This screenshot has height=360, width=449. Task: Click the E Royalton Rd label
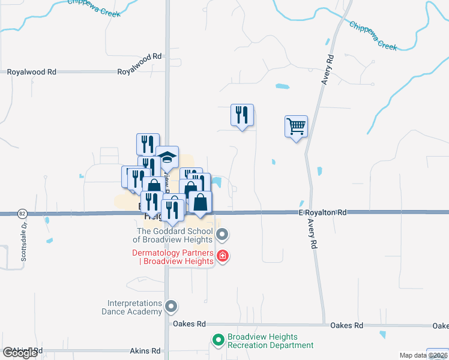pyautogui.click(x=323, y=212)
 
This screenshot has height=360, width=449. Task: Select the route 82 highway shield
pyautogui.click(x=22, y=213)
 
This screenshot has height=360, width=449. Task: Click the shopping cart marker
pyautogui.click(x=296, y=127)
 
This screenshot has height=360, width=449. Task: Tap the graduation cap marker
pyautogui.click(x=167, y=158)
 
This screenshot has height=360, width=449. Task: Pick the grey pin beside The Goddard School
pyautogui.click(x=222, y=233)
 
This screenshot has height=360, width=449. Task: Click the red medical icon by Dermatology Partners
pyautogui.click(x=223, y=256)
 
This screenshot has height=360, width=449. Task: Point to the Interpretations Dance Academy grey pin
pyautogui.click(x=172, y=307)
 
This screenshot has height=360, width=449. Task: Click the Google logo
pyautogui.click(x=20, y=353)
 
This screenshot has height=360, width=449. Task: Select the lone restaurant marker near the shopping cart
pyautogui.click(x=242, y=115)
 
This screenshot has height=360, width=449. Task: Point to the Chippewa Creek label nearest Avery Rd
pyautogui.click(x=373, y=37)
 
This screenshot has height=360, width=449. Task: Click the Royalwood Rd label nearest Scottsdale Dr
pyautogui.click(x=31, y=71)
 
